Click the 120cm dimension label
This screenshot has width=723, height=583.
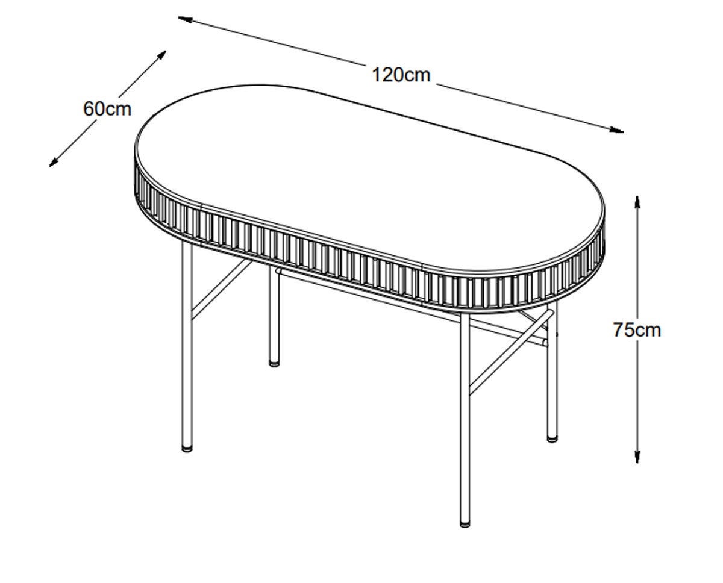pos(401,75)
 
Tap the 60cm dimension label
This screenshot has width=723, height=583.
pos(107,109)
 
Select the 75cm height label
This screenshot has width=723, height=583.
pos(637,330)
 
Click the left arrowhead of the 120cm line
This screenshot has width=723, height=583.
pos(185,19)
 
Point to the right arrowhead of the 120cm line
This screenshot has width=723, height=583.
pos(616,130)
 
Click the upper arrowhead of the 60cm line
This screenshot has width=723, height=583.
pos(161,55)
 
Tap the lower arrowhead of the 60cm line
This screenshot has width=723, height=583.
pos(54,162)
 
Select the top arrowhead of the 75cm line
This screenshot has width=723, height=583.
pos(637,204)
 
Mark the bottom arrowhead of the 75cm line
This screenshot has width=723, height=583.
pos(637,456)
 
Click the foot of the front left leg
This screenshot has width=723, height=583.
pos(187,448)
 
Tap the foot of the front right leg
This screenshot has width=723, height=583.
pos(465,523)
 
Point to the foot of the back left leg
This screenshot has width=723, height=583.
pos(275,363)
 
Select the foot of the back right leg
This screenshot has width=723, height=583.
pos(552,438)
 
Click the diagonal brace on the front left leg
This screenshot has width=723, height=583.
pos(222,289)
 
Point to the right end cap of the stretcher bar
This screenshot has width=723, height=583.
pos(545,342)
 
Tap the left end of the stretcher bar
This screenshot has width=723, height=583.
pos(278,270)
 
